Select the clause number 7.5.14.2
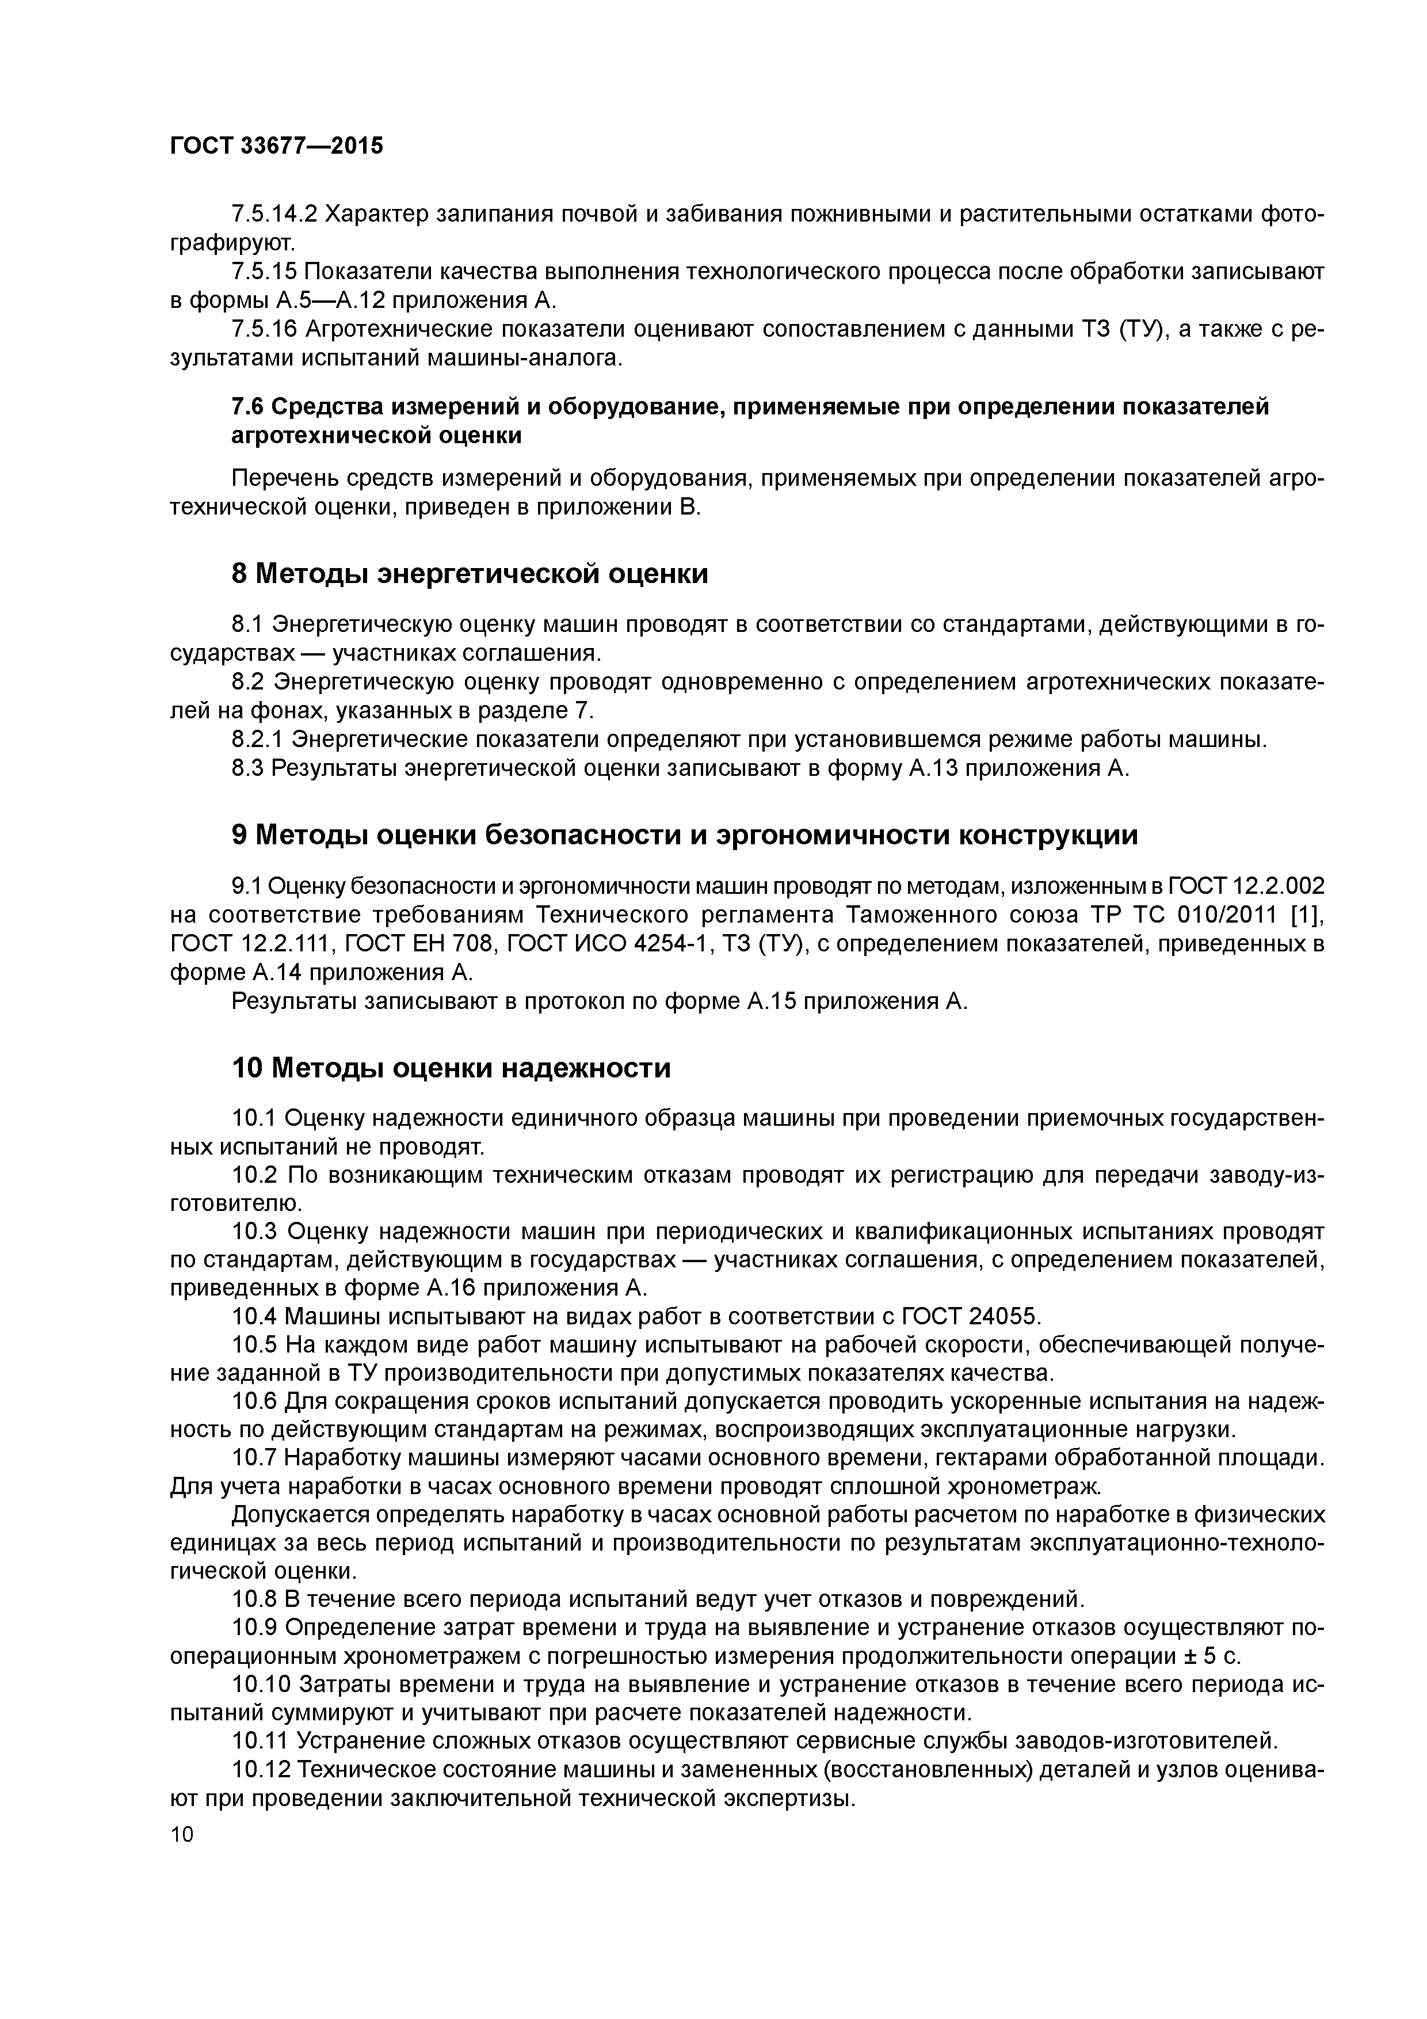[x=273, y=214]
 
